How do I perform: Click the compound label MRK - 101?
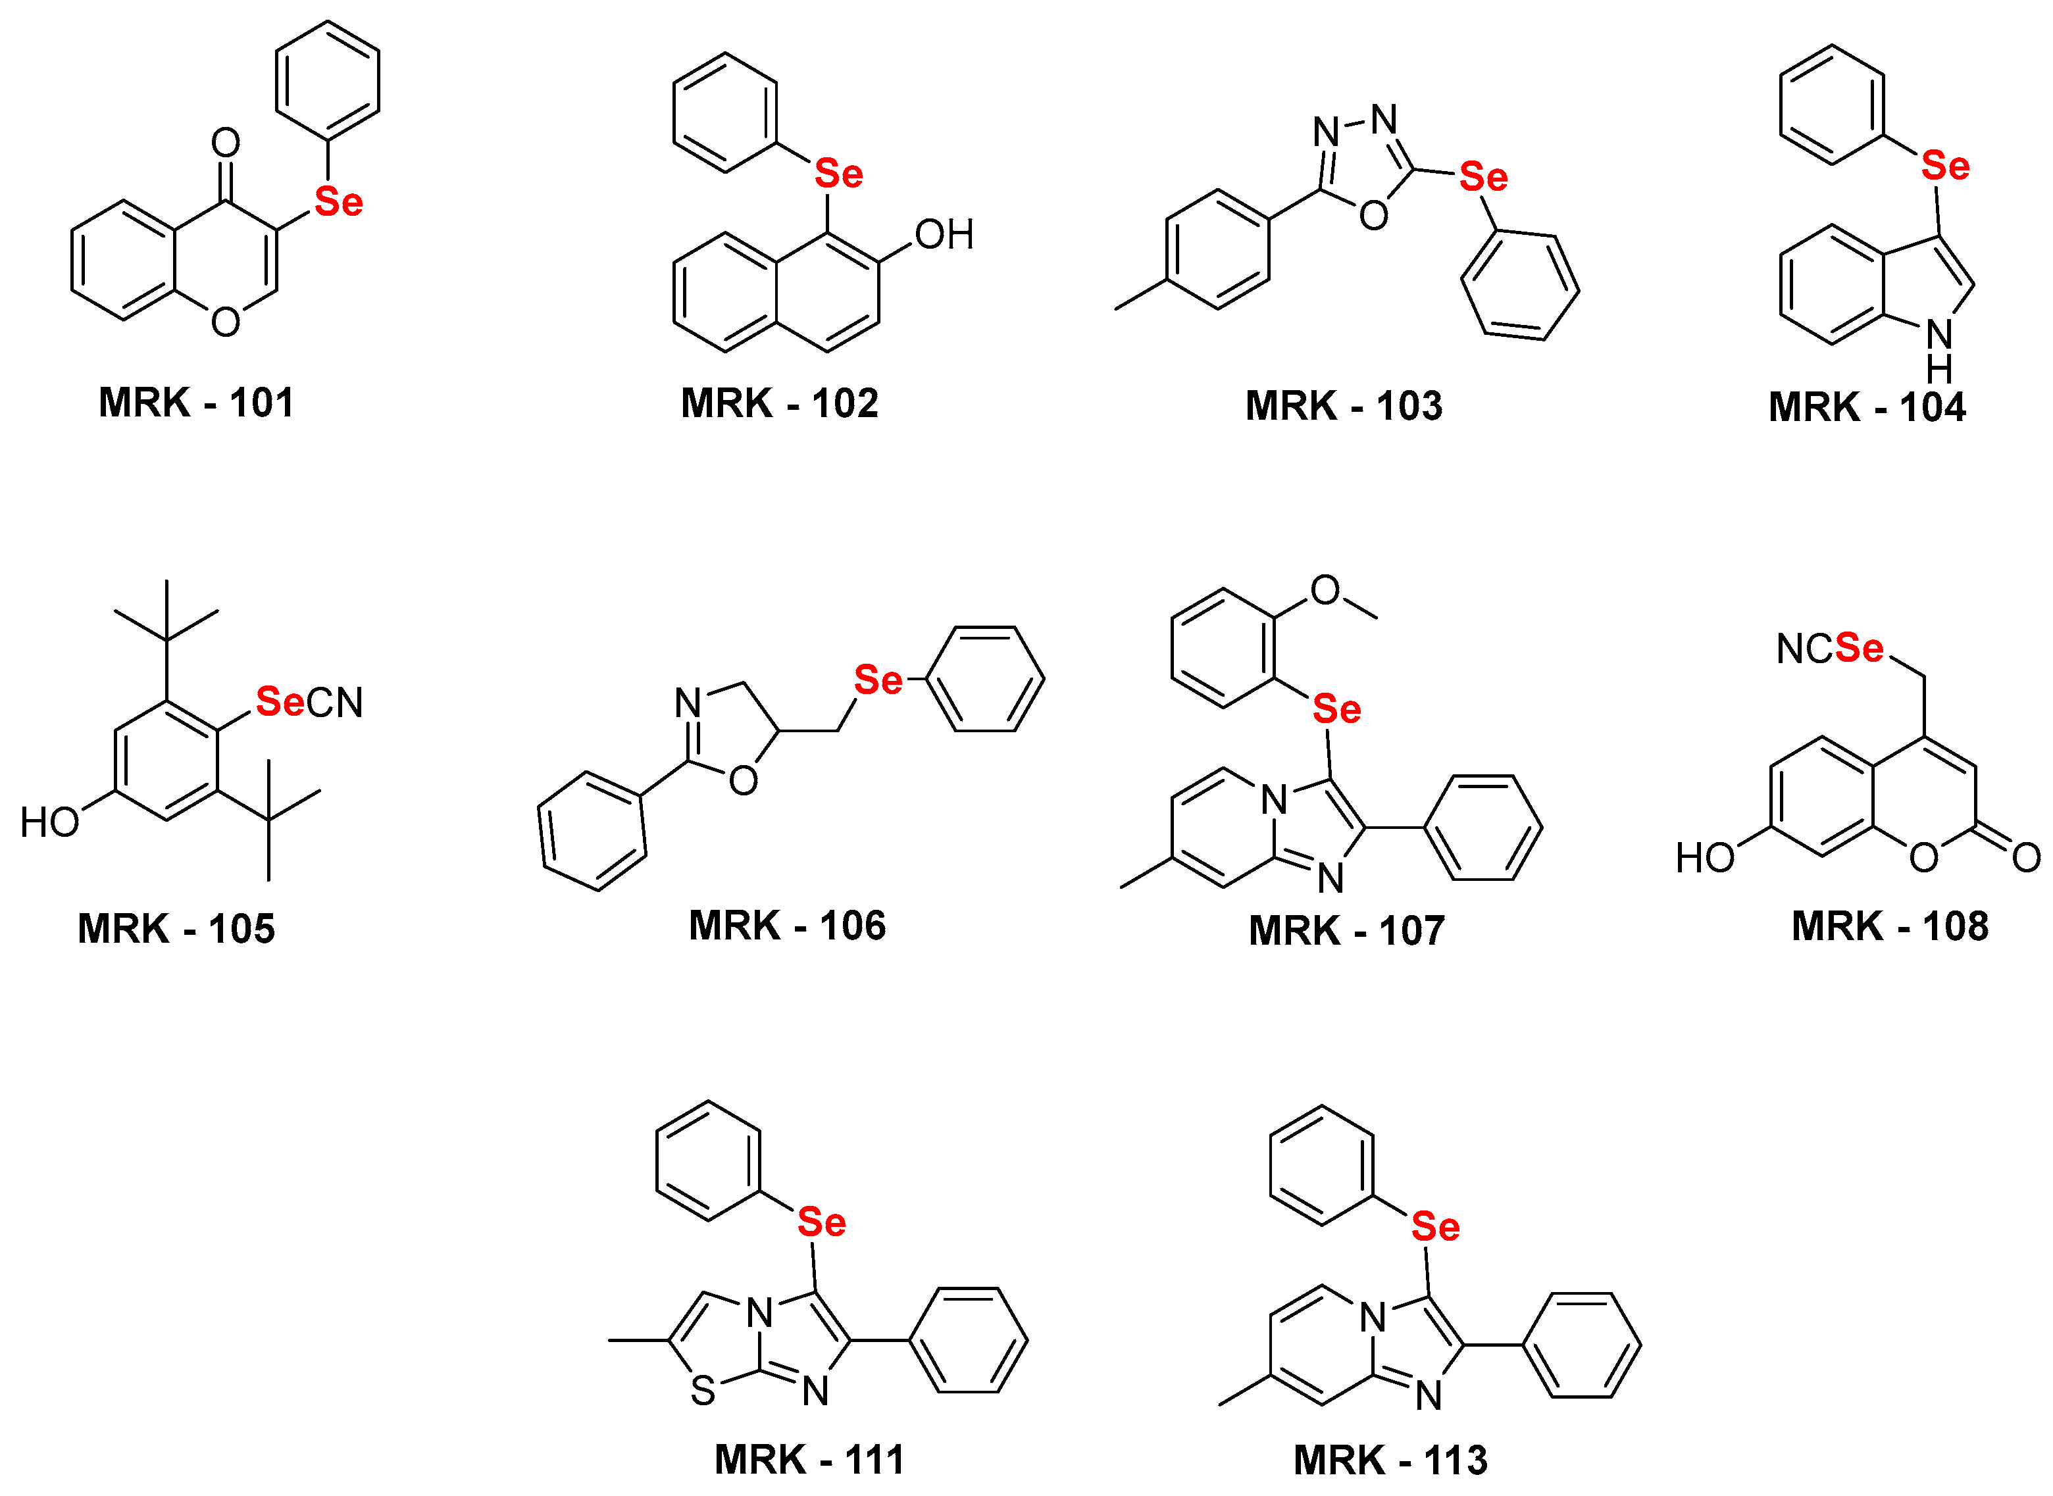click(197, 403)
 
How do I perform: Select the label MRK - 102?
click(780, 403)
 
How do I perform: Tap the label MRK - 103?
click(1344, 406)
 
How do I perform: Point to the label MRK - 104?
click(1867, 407)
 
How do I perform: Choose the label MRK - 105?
click(176, 929)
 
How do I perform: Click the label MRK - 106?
click(787, 926)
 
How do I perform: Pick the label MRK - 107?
click(1347, 931)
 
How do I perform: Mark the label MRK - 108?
click(1890, 926)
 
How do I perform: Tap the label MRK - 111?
click(809, 1460)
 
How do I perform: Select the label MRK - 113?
click(1390, 1460)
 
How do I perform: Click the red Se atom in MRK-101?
click(339, 202)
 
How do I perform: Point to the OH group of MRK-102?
click(944, 235)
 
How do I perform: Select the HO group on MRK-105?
click(50, 823)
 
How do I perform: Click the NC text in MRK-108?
click(1805, 649)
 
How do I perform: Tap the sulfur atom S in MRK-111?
click(703, 1391)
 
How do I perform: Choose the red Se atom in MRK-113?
click(1435, 1227)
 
